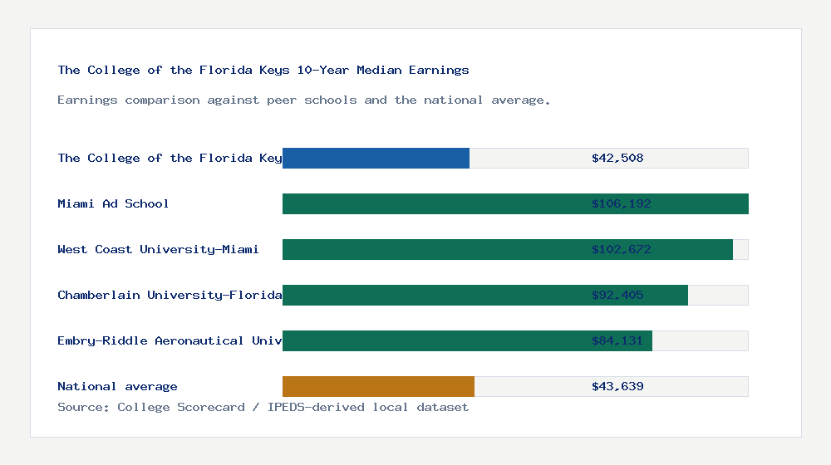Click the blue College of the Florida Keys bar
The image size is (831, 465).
[x=376, y=158]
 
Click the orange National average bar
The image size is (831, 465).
[x=378, y=386]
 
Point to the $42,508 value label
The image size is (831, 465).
[x=617, y=158]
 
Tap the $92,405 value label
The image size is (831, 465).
[x=617, y=295]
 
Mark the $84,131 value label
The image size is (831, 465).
[x=617, y=340]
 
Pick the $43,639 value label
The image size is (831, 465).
[x=617, y=386]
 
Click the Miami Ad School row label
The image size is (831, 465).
[x=113, y=203]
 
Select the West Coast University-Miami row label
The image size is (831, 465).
[x=158, y=249]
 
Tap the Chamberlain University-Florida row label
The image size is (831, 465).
[x=170, y=295]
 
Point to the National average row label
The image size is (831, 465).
[x=117, y=386]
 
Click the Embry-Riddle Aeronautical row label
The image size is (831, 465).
[x=170, y=340]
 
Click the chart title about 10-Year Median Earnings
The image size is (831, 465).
[x=263, y=70]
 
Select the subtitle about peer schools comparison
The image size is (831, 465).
[x=304, y=100]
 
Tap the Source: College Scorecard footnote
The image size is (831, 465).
[x=263, y=407]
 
